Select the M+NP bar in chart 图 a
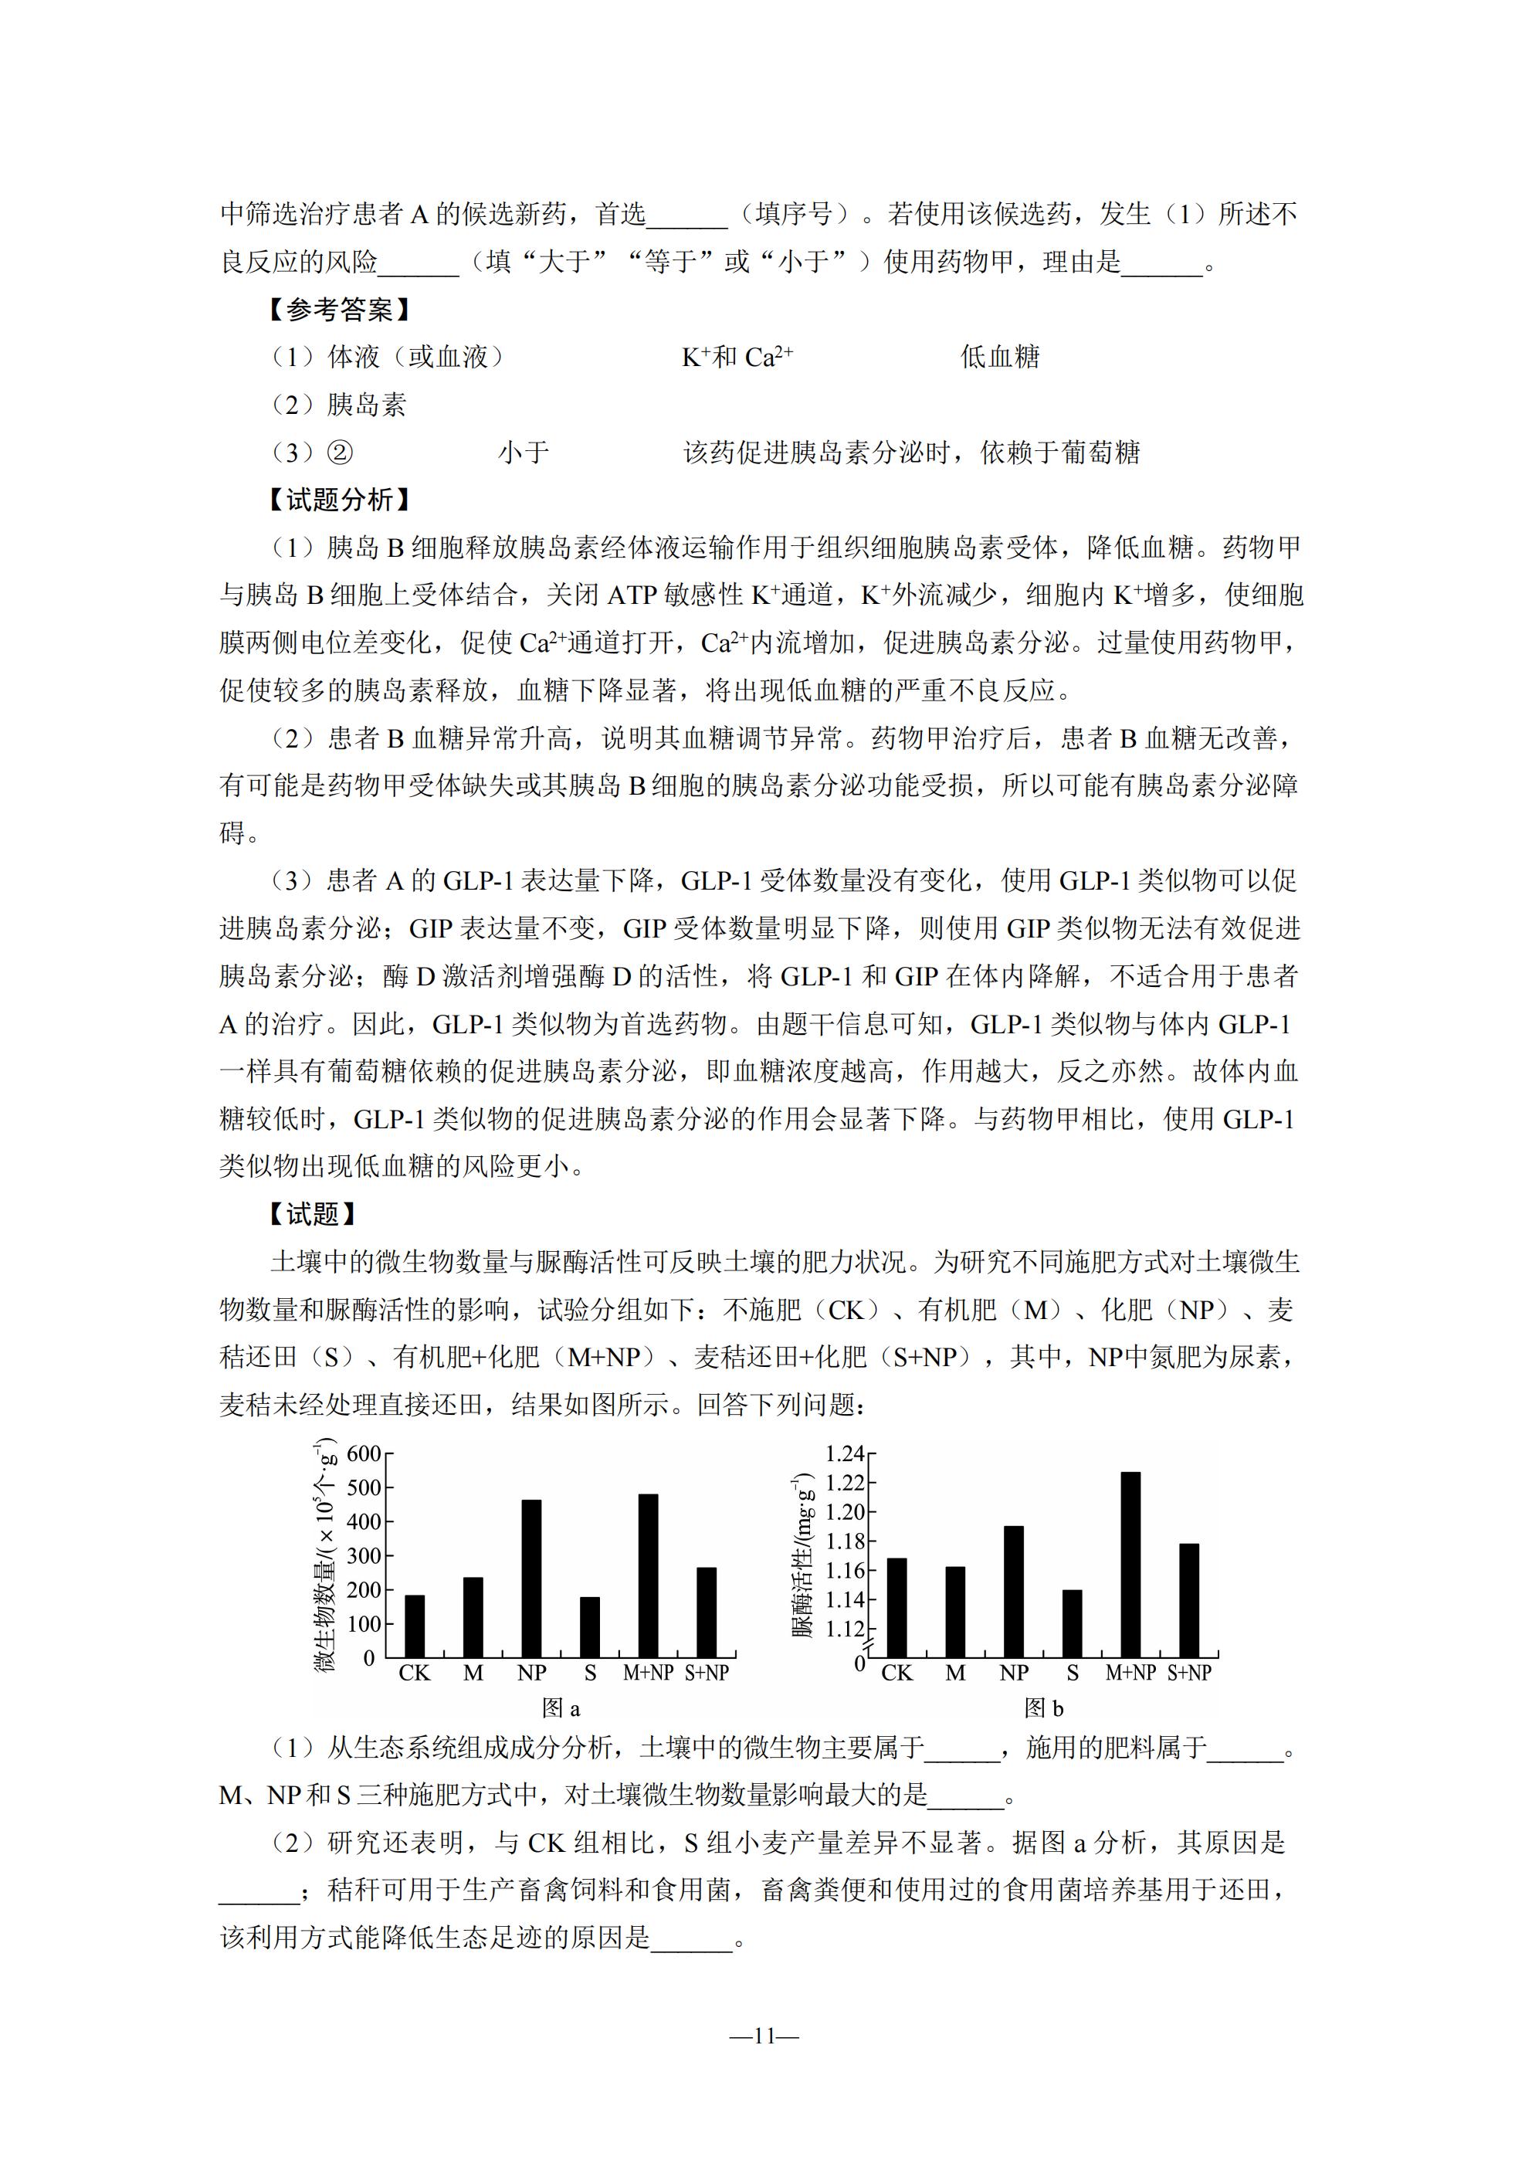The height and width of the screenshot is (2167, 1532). click(x=649, y=1575)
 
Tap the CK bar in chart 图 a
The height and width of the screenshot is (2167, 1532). click(x=415, y=1625)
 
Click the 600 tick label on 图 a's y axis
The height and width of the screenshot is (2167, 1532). click(x=364, y=1453)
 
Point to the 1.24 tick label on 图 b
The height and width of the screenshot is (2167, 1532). click(x=844, y=1453)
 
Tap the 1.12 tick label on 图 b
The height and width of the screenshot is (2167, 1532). click(x=844, y=1628)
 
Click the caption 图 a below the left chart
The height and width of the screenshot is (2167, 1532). click(x=561, y=1707)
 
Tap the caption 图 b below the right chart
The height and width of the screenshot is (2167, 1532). click(x=1043, y=1707)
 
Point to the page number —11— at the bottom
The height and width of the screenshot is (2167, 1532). click(x=764, y=2036)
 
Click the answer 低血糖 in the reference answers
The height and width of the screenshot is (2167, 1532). click(x=1000, y=357)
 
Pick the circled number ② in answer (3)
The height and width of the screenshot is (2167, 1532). click(x=340, y=453)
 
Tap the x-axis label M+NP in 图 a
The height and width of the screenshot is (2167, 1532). click(x=649, y=1674)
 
